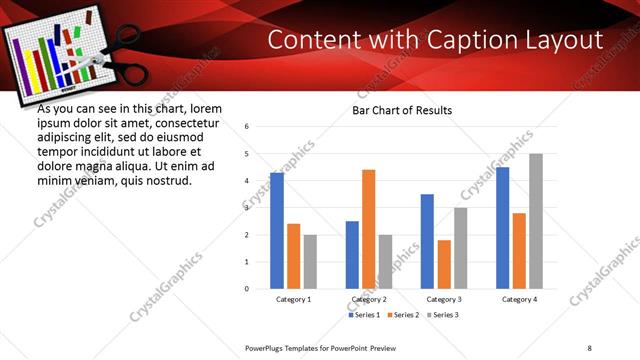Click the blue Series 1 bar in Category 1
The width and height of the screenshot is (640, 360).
click(x=277, y=231)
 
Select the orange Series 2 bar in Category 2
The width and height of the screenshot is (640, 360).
click(x=369, y=229)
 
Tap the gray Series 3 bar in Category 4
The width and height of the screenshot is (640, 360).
click(x=536, y=221)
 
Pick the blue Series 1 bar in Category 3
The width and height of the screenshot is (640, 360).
click(x=427, y=241)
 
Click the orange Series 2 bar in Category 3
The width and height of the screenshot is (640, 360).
click(x=444, y=264)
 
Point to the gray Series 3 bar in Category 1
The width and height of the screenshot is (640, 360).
click(x=310, y=262)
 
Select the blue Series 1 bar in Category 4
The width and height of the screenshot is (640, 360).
click(x=502, y=228)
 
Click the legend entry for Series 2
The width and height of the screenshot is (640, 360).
click(x=401, y=315)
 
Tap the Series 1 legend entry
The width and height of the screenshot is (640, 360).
click(x=363, y=315)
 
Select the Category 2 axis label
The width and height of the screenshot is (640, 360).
click(x=369, y=299)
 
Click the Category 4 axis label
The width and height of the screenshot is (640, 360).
click(x=519, y=299)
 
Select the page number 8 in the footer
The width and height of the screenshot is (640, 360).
click(x=590, y=347)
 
